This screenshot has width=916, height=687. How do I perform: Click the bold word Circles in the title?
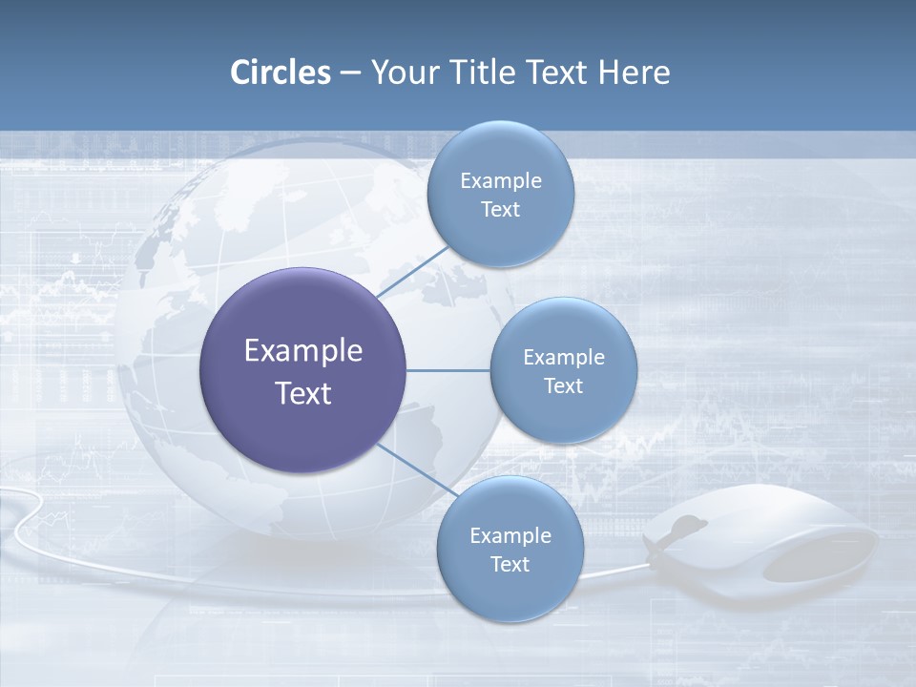[x=281, y=73]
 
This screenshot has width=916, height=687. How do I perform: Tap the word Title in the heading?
[x=485, y=73]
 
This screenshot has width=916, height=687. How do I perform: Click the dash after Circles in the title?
[x=350, y=73]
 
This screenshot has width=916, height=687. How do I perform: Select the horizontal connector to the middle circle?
[x=448, y=370]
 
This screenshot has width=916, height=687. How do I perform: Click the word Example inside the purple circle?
[x=302, y=351]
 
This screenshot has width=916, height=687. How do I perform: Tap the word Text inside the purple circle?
[x=302, y=393]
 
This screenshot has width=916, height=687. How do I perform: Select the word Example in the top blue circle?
[x=500, y=181]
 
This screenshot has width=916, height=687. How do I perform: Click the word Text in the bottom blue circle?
[x=510, y=565]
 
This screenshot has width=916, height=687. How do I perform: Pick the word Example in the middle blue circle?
[x=563, y=358]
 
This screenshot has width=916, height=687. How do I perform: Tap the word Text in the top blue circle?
[x=500, y=210]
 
